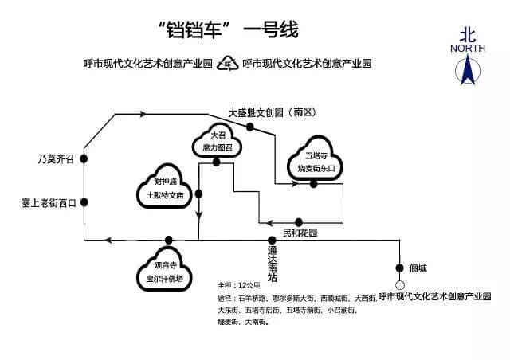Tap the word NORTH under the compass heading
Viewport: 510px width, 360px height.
467,49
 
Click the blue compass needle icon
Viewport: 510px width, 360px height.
467,71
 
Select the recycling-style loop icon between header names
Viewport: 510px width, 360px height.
228,63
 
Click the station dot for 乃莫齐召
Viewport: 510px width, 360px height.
84,159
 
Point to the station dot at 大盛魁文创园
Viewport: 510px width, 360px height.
250,127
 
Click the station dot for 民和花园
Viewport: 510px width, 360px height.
298,222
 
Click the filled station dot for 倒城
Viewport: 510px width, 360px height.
400,268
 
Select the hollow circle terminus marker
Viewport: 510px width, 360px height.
400,284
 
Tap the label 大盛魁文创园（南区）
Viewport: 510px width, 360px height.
273,113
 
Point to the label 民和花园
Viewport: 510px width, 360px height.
300,233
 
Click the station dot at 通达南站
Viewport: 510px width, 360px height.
272,240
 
